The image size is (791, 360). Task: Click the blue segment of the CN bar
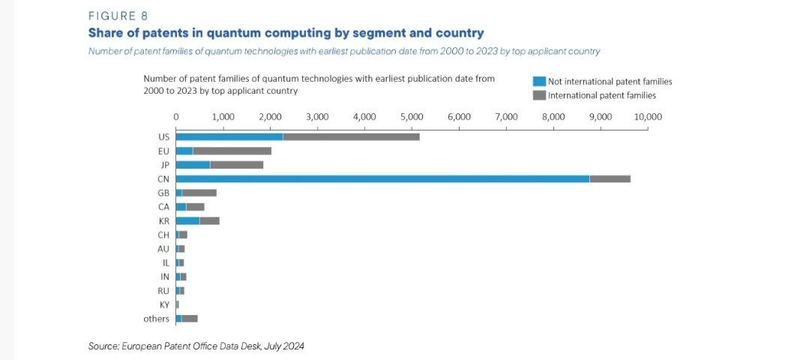382,178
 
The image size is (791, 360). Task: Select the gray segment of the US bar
351,136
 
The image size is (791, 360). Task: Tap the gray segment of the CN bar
610,178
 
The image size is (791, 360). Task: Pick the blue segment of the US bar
229,136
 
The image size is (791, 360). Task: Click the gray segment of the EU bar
232,151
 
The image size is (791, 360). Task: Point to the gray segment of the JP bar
237,164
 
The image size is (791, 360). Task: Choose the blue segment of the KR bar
187,220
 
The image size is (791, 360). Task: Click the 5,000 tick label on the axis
412,117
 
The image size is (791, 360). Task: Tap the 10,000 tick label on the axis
647,117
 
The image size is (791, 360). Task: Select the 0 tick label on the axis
176,117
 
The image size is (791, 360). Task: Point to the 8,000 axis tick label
553,117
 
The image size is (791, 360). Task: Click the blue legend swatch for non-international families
539,81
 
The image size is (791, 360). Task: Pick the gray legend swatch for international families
539,95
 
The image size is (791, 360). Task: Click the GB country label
163,193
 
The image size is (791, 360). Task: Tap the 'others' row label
156,319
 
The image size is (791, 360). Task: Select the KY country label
164,304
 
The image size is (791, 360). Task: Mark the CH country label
163,235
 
